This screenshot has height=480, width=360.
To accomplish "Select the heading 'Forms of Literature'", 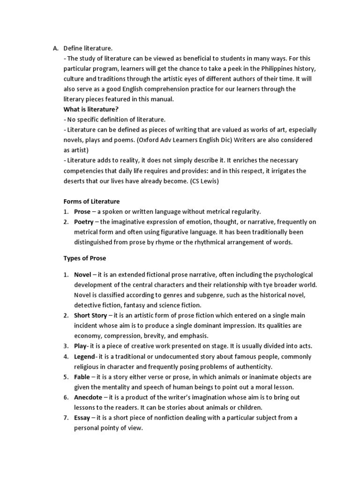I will [x=91, y=202].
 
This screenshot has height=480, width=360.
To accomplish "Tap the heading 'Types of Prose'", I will [x=84, y=258].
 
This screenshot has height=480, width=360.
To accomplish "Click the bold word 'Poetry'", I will [x=84, y=222].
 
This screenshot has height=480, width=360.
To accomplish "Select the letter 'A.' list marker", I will [x=55, y=48].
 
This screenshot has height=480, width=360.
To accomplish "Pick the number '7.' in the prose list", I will [x=67, y=418].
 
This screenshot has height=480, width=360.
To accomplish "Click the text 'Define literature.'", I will [x=88, y=48].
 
